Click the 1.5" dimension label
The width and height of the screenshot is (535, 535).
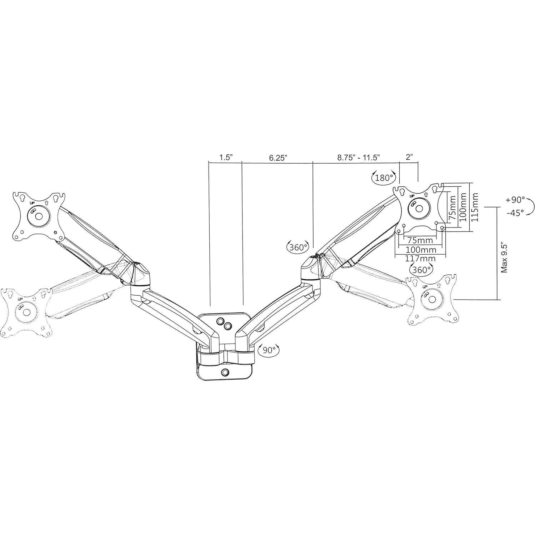pyautogui.click(x=226, y=157)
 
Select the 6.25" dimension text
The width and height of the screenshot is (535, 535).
pyautogui.click(x=278, y=157)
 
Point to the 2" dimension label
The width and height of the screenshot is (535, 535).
pyautogui.click(x=409, y=157)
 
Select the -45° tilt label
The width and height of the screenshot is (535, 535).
pyautogui.click(x=515, y=212)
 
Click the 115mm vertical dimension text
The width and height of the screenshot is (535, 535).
pyautogui.click(x=475, y=207)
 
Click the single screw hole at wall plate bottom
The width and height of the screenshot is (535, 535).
pyautogui.click(x=225, y=372)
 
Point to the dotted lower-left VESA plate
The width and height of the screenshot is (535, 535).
pyautogui.click(x=26, y=311)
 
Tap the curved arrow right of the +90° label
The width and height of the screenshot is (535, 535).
pyautogui.click(x=531, y=206)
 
